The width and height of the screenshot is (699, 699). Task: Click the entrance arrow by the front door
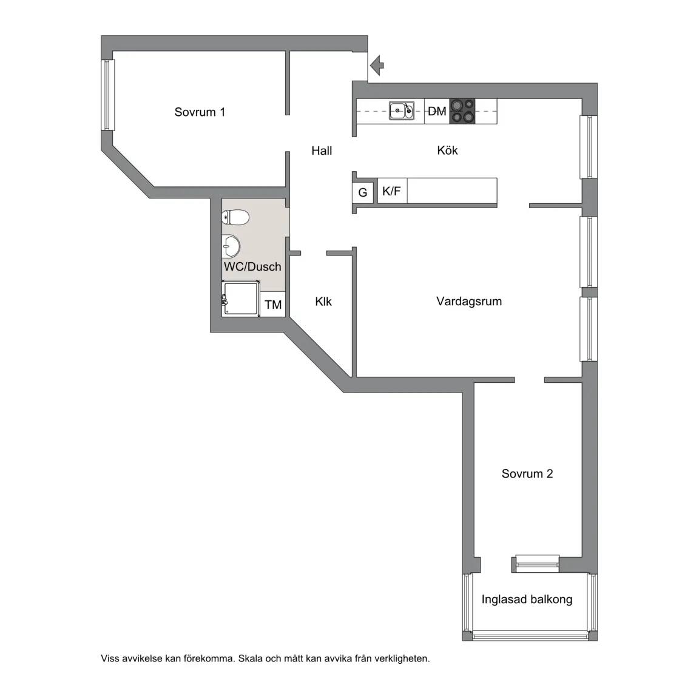pyautogui.click(x=377, y=66)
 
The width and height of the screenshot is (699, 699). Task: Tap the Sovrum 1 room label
pyautogui.click(x=200, y=112)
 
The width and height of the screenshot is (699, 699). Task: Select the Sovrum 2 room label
pyautogui.click(x=527, y=473)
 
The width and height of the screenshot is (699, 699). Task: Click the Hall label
pyautogui.click(x=322, y=150)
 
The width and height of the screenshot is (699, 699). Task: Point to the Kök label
pyautogui.click(x=447, y=150)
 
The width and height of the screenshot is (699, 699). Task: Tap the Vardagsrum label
pyautogui.click(x=469, y=302)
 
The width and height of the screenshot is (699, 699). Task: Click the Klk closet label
pyautogui.click(x=323, y=302)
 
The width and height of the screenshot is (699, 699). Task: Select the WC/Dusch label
pyautogui.click(x=252, y=266)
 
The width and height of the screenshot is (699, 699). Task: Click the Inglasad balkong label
pyautogui.click(x=527, y=599)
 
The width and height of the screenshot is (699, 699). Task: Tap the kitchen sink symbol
pyautogui.click(x=402, y=110)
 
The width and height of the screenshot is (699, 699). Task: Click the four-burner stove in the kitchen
pyautogui.click(x=462, y=111)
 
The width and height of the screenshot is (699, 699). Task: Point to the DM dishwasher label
pyautogui.click(x=437, y=111)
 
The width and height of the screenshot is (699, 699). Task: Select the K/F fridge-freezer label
pyautogui.click(x=391, y=191)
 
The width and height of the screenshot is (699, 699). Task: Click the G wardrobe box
pyautogui.click(x=362, y=193)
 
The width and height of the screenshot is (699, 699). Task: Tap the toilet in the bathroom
pyautogui.click(x=235, y=218)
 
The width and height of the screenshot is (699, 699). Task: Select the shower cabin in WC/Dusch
pyautogui.click(x=241, y=299)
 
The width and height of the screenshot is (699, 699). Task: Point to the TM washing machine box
pyautogui.click(x=273, y=305)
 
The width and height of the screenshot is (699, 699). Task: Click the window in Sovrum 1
pyautogui.click(x=108, y=95)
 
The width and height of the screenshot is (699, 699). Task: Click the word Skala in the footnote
pyautogui.click(x=251, y=658)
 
